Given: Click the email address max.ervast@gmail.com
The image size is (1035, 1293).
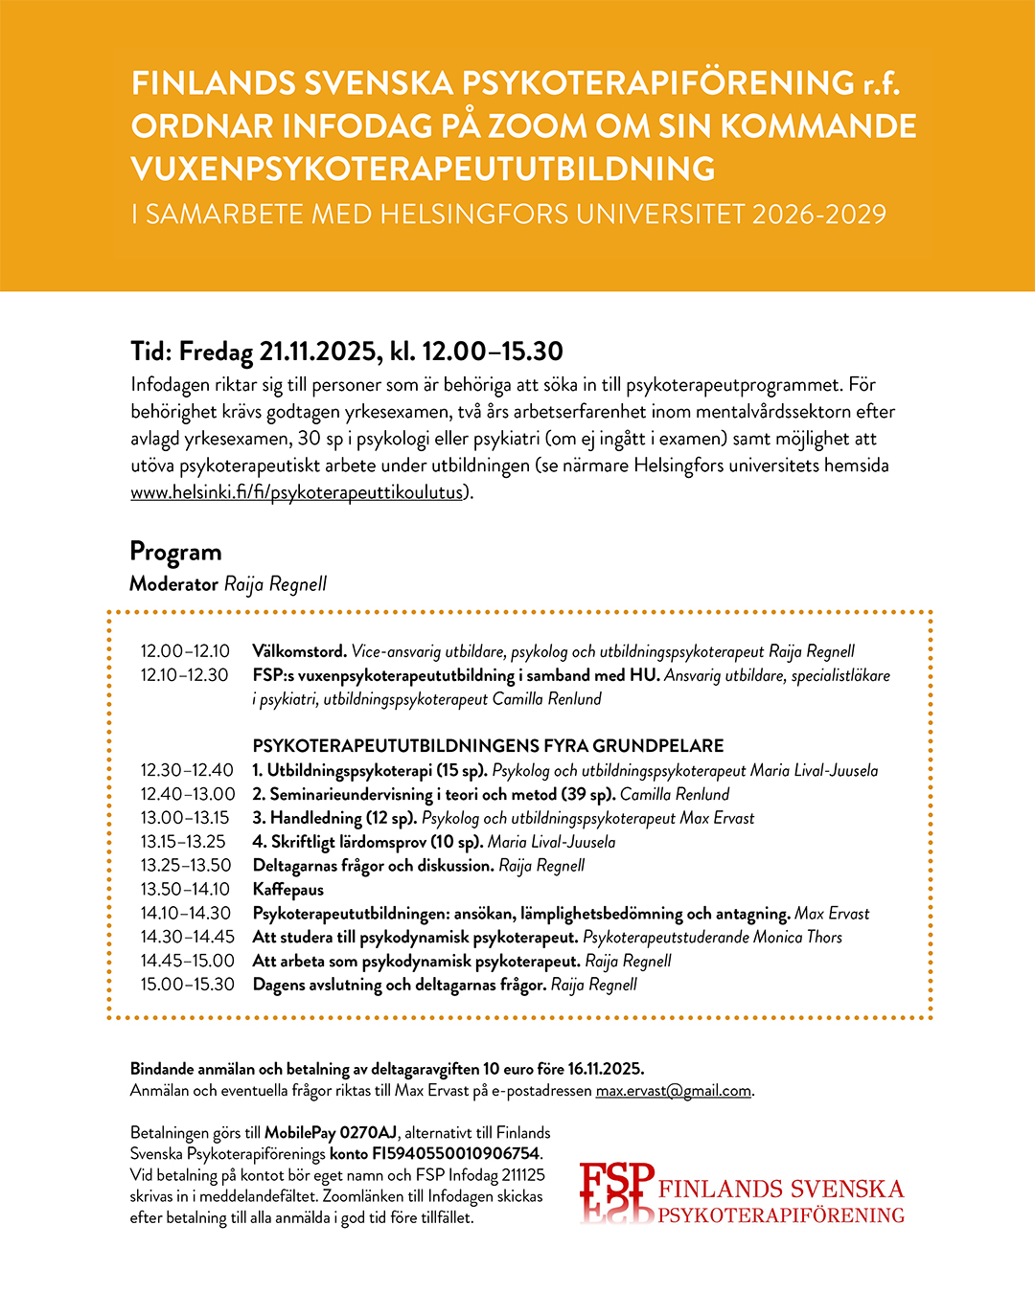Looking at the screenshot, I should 673,1091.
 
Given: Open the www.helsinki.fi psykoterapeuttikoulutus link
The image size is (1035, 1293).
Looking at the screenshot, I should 297,492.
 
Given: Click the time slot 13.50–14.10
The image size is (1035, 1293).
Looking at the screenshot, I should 185,890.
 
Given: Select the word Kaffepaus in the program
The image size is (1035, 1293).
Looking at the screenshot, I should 288,890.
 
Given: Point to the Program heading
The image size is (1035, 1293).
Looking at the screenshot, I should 175,552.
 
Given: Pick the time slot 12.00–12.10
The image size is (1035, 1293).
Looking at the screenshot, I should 185,651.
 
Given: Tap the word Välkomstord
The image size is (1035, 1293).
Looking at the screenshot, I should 299,651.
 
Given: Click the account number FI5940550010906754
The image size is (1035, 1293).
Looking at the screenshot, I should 450,1154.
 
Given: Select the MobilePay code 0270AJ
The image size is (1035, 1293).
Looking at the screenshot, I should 368,1133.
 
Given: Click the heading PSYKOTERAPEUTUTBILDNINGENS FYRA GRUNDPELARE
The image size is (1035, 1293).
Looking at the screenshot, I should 488,746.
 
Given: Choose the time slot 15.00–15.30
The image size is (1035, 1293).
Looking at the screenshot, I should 187,985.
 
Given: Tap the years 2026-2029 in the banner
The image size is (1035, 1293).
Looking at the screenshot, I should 819,214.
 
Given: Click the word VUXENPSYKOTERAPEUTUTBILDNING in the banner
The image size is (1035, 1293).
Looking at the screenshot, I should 423,170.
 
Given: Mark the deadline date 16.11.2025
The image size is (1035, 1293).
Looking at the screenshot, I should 605,1069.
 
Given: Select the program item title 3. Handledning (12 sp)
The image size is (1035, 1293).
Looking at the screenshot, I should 334,818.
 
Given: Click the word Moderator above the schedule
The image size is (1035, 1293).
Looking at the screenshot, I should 173,584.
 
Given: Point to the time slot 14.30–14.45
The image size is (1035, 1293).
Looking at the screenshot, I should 187,938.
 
